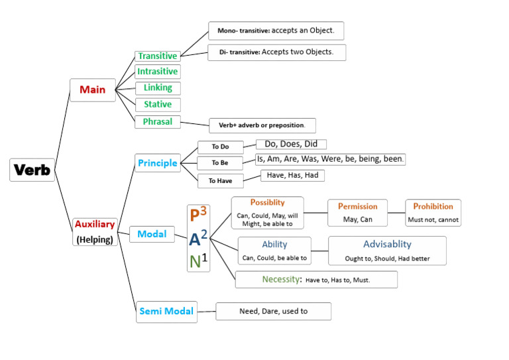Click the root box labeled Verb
[32, 170]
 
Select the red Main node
[92, 90]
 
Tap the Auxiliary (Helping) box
[95, 231]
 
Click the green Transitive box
[157, 56]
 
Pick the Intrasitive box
[157, 72]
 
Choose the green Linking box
[158, 88]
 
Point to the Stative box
[158, 104]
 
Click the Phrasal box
[158, 121]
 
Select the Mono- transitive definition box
[276, 30]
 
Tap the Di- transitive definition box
[276, 52]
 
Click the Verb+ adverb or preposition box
[262, 125]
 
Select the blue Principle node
[157, 163]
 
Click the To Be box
[220, 162]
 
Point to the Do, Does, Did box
[291, 144]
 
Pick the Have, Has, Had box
[292, 175]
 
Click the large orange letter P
[194, 215]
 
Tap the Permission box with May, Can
[357, 212]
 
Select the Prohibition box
[433, 212]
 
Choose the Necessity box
[316, 279]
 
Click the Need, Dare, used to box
[273, 311]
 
